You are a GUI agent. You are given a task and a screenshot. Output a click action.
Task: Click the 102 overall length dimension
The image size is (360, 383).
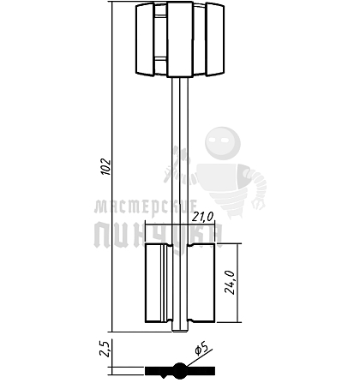pos(105,166)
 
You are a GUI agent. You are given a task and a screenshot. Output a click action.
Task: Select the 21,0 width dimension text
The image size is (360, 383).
pos(202,218)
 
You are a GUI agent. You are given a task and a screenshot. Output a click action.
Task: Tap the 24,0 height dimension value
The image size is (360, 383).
pos(230,282)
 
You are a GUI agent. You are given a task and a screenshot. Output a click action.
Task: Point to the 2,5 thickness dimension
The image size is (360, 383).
pos(105,349)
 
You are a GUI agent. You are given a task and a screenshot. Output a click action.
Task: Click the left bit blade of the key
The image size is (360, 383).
pos(159,283)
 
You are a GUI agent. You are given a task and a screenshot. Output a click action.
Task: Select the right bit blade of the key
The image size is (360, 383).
pos(201,283)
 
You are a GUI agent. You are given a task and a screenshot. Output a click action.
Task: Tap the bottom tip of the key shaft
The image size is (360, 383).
pos(180,332)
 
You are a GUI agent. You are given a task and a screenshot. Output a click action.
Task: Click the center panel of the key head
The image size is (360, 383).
pos(180,39)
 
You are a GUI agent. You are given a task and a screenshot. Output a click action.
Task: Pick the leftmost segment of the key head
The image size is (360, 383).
pos(145,39)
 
